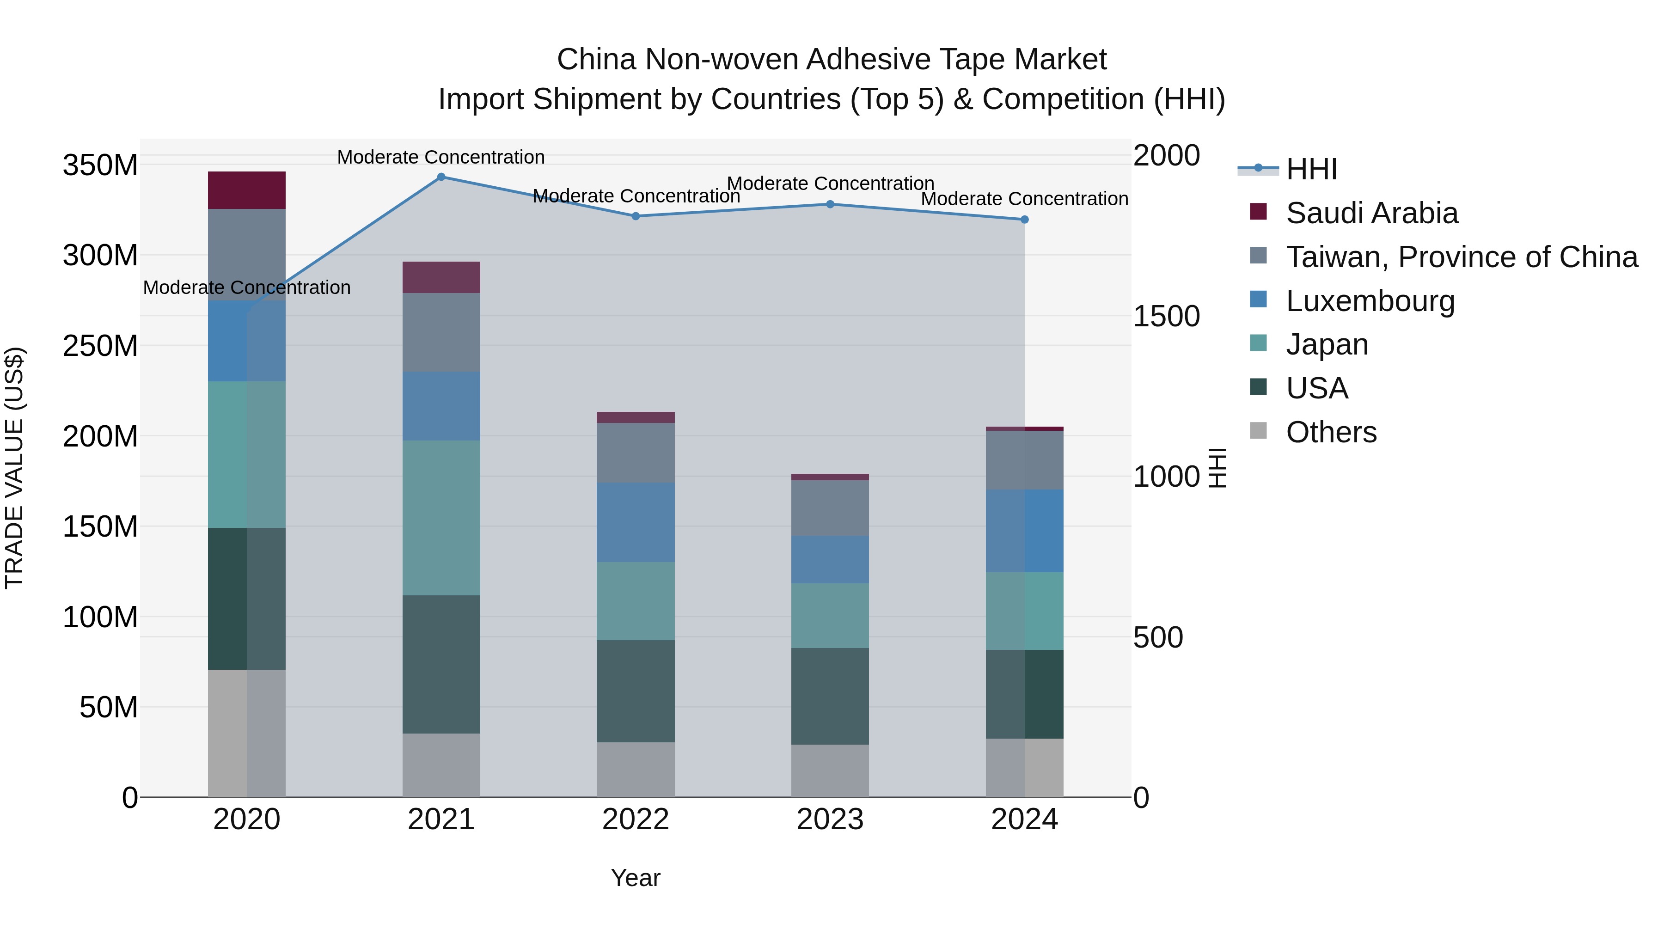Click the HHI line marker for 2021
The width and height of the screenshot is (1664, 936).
pos(441,177)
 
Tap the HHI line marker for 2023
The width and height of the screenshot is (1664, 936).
pos(830,204)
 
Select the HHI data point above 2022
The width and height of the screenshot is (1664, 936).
pos(636,216)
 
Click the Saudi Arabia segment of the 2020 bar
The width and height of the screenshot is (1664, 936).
pos(247,190)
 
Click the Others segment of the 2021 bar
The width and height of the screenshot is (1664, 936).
pos(441,765)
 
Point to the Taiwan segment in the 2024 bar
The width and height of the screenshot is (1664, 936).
pos(1024,460)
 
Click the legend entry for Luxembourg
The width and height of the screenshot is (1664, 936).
pos(1370,301)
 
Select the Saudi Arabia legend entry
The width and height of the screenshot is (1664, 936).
pos(1371,213)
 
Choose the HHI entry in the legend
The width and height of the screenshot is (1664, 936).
pos(1311,169)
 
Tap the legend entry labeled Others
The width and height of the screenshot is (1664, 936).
pos(1331,432)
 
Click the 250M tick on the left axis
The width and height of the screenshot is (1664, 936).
pos(100,346)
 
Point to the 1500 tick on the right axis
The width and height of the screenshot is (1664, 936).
pos(1167,317)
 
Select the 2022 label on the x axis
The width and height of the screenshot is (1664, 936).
pos(636,820)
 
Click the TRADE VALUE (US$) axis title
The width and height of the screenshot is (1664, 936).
pos(14,468)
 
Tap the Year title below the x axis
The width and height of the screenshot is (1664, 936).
pos(636,878)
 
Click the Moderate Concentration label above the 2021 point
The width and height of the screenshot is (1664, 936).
pos(441,157)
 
